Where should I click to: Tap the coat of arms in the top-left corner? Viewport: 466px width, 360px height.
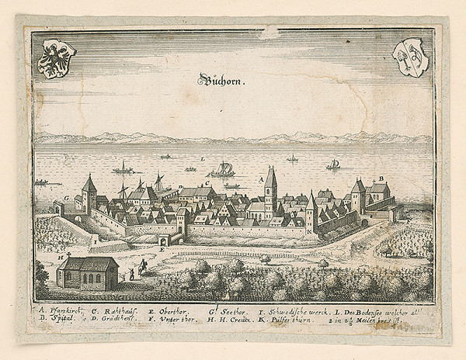(57, 59)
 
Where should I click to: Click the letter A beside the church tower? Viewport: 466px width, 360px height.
(261, 178)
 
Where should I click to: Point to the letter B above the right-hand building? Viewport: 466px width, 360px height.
(381, 178)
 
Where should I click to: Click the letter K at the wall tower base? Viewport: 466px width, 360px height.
(309, 232)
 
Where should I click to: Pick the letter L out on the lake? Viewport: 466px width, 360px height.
(203, 158)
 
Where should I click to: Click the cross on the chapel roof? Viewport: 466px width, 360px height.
(68, 254)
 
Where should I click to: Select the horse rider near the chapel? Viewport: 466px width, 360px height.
(143, 265)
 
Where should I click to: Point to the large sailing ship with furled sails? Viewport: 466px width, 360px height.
(224, 168)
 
